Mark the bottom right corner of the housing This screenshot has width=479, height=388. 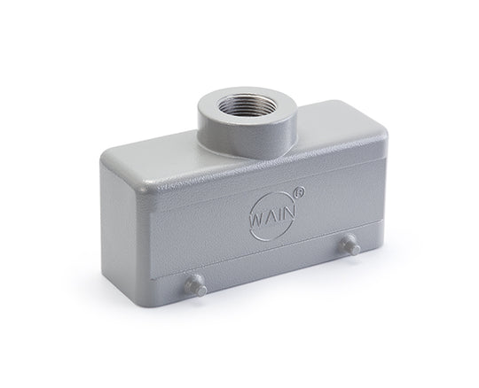[x=373, y=269]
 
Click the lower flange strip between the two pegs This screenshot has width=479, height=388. [x=275, y=283]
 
